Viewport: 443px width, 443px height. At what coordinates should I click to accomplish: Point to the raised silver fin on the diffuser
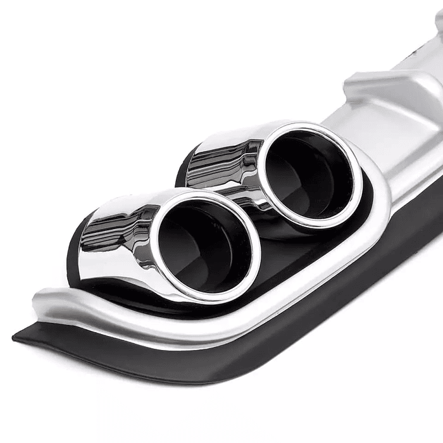386,82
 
